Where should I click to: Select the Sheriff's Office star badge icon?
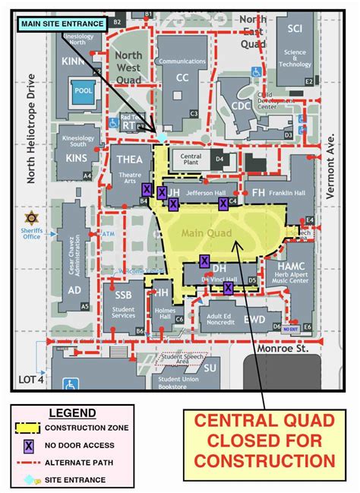(31, 218)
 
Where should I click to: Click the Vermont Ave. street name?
(330, 166)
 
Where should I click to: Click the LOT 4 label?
(31, 379)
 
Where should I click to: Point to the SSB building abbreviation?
(124, 295)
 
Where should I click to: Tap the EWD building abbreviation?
(254, 320)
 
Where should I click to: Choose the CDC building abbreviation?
(241, 106)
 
